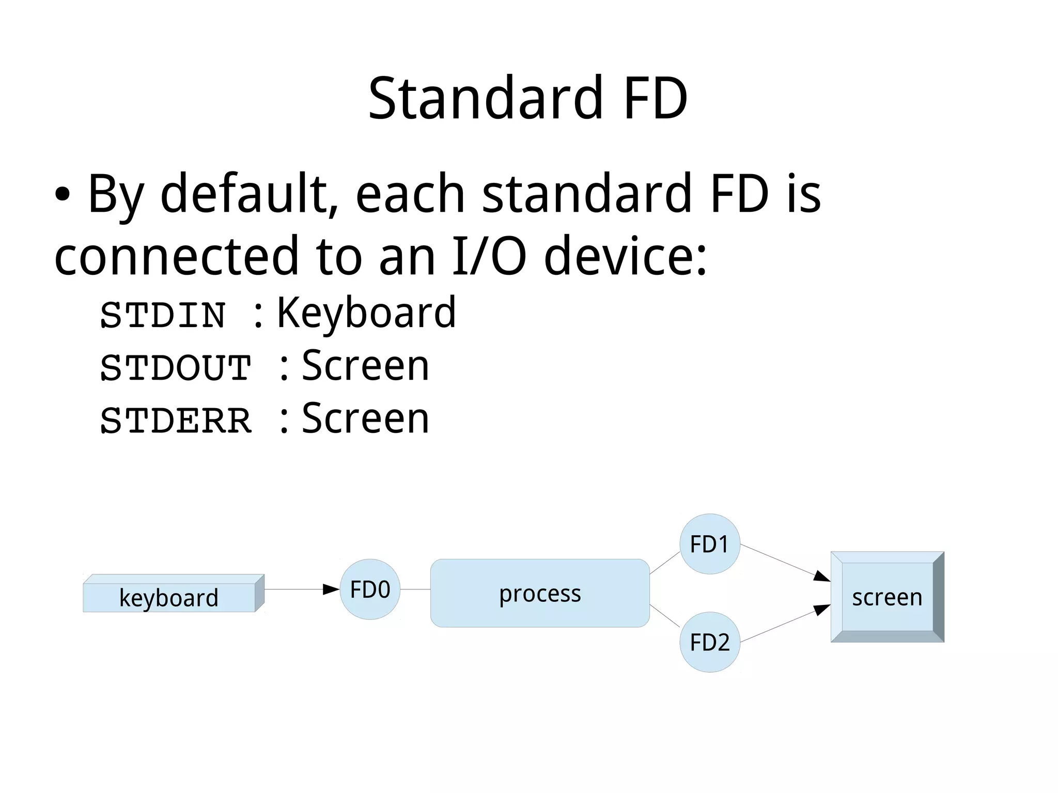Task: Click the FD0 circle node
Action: pos(370,589)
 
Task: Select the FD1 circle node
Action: pos(710,544)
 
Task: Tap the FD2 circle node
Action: pos(710,642)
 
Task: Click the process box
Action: pos(540,593)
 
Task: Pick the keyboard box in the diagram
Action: pos(169,597)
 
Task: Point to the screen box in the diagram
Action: pos(887,597)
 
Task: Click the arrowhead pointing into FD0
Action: pos(331,589)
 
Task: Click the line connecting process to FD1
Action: pos(664,563)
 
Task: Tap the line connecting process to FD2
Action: pos(664,615)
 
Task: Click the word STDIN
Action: pos(163,315)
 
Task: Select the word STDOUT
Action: pos(176,368)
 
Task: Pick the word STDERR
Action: pos(176,421)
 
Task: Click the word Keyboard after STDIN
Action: pos(366,313)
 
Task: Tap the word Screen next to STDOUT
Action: pos(365,366)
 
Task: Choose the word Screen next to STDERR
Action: pos(365,419)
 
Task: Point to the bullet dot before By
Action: pos(62,195)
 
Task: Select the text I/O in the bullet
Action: pos(489,256)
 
